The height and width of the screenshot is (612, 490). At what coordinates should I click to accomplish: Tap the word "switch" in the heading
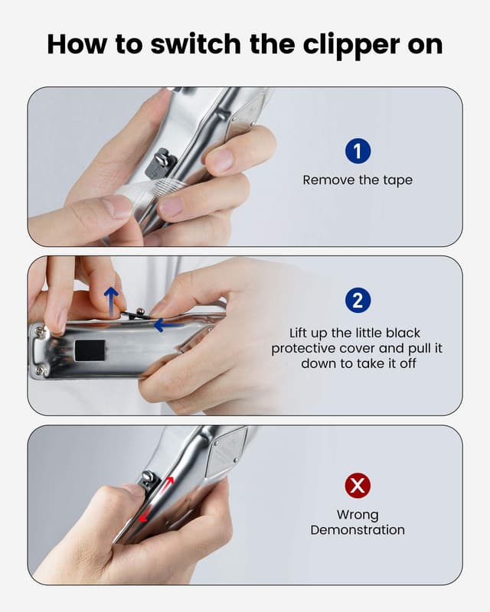pyautogui.click(x=195, y=44)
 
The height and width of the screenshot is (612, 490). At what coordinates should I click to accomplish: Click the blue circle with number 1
pyautogui.click(x=358, y=151)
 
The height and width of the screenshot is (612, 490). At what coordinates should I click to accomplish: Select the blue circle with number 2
pyautogui.click(x=358, y=300)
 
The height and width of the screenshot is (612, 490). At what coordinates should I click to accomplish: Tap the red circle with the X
pyautogui.click(x=358, y=486)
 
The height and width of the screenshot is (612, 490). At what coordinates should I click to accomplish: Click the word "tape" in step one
pyautogui.click(x=397, y=181)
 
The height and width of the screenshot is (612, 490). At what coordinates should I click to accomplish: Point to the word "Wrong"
pyautogui.click(x=358, y=515)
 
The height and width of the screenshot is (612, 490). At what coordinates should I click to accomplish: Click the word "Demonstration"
pyautogui.click(x=358, y=530)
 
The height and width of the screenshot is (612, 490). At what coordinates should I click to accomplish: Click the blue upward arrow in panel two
pyautogui.click(x=111, y=300)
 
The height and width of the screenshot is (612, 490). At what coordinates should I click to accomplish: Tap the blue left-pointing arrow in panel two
pyautogui.click(x=168, y=324)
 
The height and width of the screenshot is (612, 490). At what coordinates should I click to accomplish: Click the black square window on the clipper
pyautogui.click(x=90, y=350)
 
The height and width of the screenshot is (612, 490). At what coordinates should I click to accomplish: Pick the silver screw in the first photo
pyautogui.click(x=161, y=158)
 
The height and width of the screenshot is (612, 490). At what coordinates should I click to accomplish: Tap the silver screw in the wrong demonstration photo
pyautogui.click(x=148, y=477)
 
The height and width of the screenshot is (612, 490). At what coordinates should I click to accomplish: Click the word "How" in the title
pyautogui.click(x=77, y=44)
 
